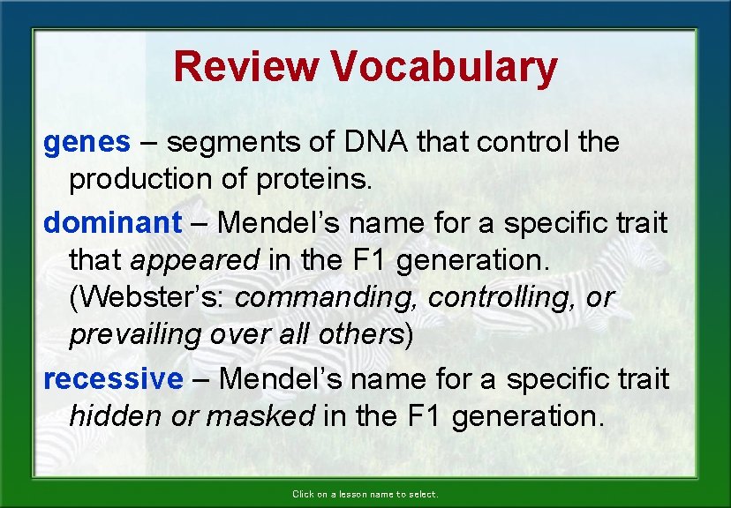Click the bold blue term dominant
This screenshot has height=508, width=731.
click(x=112, y=222)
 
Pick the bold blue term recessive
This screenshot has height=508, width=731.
click(x=113, y=378)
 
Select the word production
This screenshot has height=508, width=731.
click(x=139, y=179)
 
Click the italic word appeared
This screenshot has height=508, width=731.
click(x=194, y=260)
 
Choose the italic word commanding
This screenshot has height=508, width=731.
click(x=327, y=297)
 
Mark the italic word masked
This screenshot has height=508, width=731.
click(x=258, y=416)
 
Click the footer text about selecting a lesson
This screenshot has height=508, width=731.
click(x=365, y=494)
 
